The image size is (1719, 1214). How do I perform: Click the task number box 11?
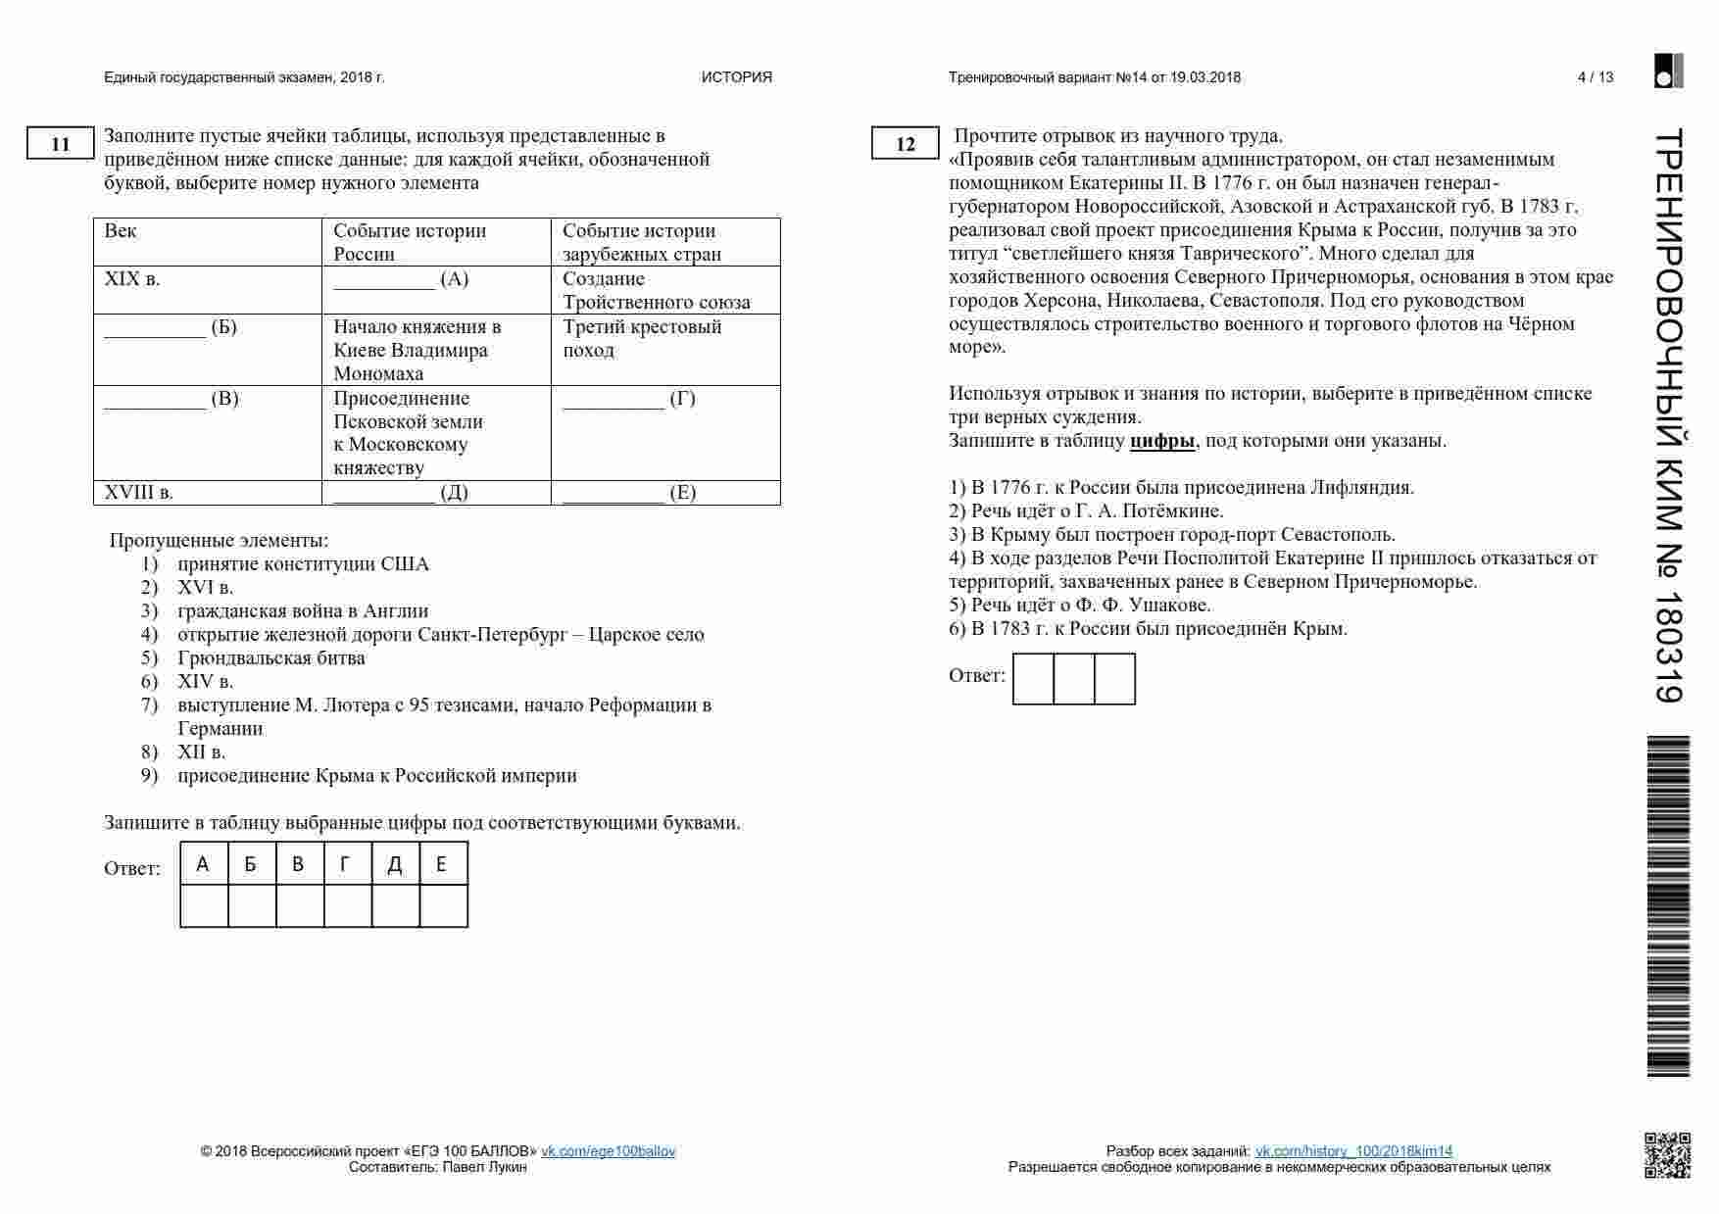[x=60, y=144]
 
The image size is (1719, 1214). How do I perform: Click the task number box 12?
[x=905, y=144]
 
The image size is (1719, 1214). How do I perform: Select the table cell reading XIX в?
[x=207, y=290]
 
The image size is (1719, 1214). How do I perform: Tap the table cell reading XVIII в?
[x=207, y=492]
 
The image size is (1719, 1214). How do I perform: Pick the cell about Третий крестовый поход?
[x=665, y=349]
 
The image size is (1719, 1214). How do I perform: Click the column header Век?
[x=207, y=241]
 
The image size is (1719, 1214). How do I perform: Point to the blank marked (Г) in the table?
[x=665, y=431]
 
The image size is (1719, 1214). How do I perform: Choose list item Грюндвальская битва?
[x=270, y=657]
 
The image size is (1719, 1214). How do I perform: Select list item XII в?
[x=201, y=752]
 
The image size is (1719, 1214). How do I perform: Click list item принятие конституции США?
[x=303, y=563]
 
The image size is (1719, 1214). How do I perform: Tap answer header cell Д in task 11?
[x=395, y=864]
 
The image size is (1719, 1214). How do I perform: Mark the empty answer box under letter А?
[x=204, y=905]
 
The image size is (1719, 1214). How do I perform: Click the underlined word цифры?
[x=1162, y=440]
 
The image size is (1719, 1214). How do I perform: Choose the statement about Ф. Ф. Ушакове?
[x=1079, y=605]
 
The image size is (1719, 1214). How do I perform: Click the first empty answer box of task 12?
[x=1033, y=679]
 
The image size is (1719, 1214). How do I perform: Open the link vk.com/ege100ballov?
[x=608, y=1151]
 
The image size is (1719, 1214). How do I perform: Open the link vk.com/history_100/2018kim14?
[x=1353, y=1151]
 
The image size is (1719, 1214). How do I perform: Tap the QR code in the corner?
[x=1667, y=1155]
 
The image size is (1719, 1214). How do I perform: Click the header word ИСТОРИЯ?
[x=736, y=77]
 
